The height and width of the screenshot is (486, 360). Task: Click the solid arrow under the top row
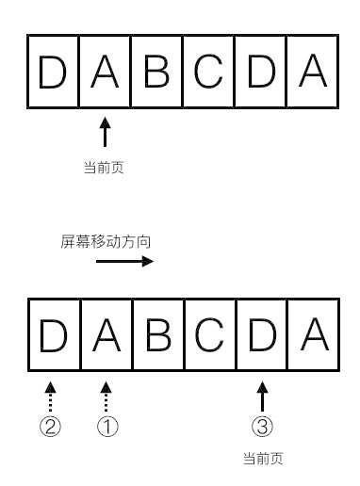[x=105, y=132]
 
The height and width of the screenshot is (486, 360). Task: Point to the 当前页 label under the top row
[x=105, y=168]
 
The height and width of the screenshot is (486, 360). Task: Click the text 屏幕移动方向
[x=106, y=241]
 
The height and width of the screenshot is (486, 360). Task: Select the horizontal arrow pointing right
[x=123, y=262]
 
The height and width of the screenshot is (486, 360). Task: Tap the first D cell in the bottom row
[x=54, y=335]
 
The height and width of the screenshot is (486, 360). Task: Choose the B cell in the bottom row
[x=157, y=335]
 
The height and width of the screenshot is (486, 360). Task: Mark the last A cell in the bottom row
[x=312, y=335]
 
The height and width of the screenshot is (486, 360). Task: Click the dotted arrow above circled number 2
[x=51, y=396]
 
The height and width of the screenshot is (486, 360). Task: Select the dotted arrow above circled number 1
[x=106, y=396]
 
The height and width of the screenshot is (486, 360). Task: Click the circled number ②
[x=51, y=427]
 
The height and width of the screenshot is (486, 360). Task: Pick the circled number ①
[x=107, y=427]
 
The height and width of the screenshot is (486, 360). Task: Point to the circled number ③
[x=262, y=427]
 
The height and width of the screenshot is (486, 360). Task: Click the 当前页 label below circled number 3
[x=262, y=460]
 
